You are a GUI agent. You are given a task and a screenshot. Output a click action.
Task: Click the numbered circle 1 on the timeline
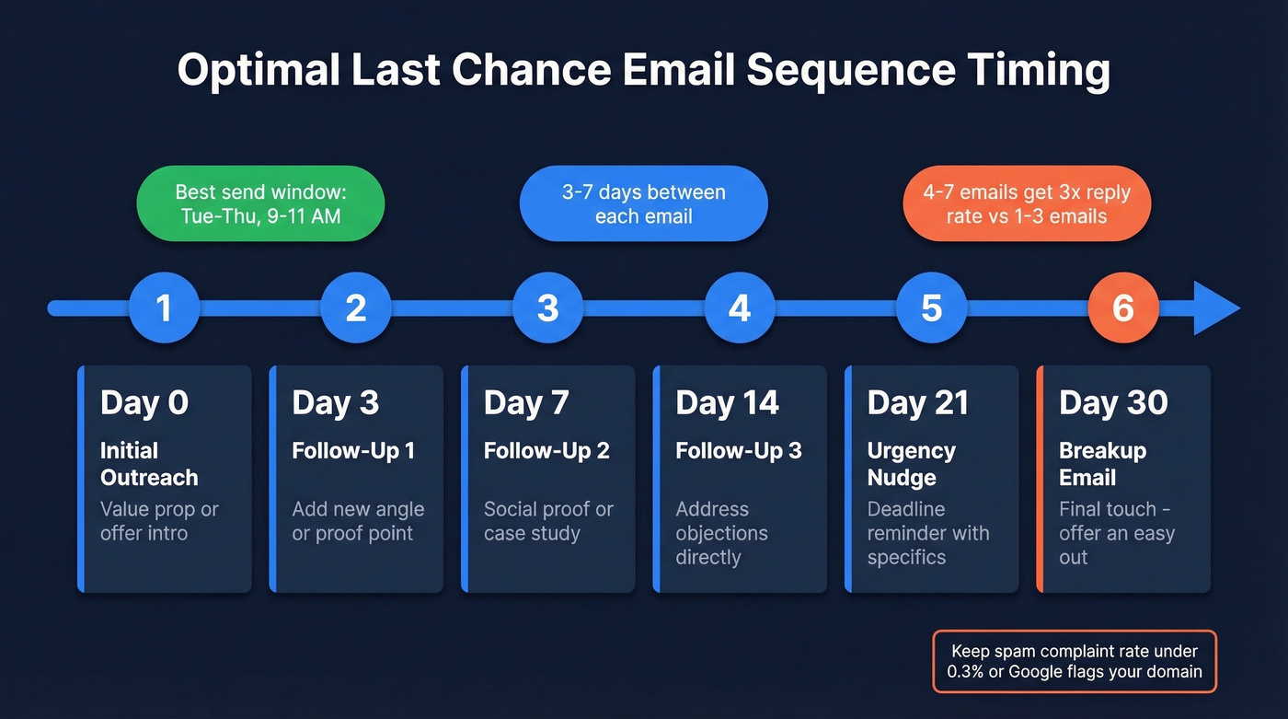point(164,307)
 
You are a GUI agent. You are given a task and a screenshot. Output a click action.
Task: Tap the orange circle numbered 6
point(1123,307)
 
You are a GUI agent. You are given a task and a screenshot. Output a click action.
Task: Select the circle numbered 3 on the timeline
point(547,307)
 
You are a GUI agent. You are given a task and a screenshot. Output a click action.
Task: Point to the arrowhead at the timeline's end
point(1217,307)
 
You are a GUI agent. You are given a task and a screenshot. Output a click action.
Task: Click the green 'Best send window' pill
point(260,203)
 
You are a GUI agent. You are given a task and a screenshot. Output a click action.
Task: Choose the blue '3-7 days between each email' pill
point(643,203)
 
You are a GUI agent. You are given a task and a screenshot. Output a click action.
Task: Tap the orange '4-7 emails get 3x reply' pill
point(1027,203)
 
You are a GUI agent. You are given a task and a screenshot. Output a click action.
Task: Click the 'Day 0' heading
point(144,402)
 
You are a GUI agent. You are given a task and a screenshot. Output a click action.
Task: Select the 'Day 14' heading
point(727,402)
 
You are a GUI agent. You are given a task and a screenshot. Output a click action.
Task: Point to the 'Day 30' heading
point(1113,402)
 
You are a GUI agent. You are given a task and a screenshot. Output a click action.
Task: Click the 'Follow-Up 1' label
point(353,451)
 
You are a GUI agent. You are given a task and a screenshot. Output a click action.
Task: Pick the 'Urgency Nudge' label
point(912,464)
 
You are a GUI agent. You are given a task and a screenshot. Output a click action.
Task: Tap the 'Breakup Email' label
point(1102,464)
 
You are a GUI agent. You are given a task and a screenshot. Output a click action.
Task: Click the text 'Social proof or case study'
point(548,521)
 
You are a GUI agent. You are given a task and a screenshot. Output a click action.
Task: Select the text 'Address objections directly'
point(721,533)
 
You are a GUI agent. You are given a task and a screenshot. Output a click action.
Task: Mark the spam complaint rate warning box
point(1075,661)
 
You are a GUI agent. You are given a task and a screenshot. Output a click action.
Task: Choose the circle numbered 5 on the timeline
point(931,307)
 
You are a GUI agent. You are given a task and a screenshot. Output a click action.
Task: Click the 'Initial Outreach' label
point(149,464)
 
